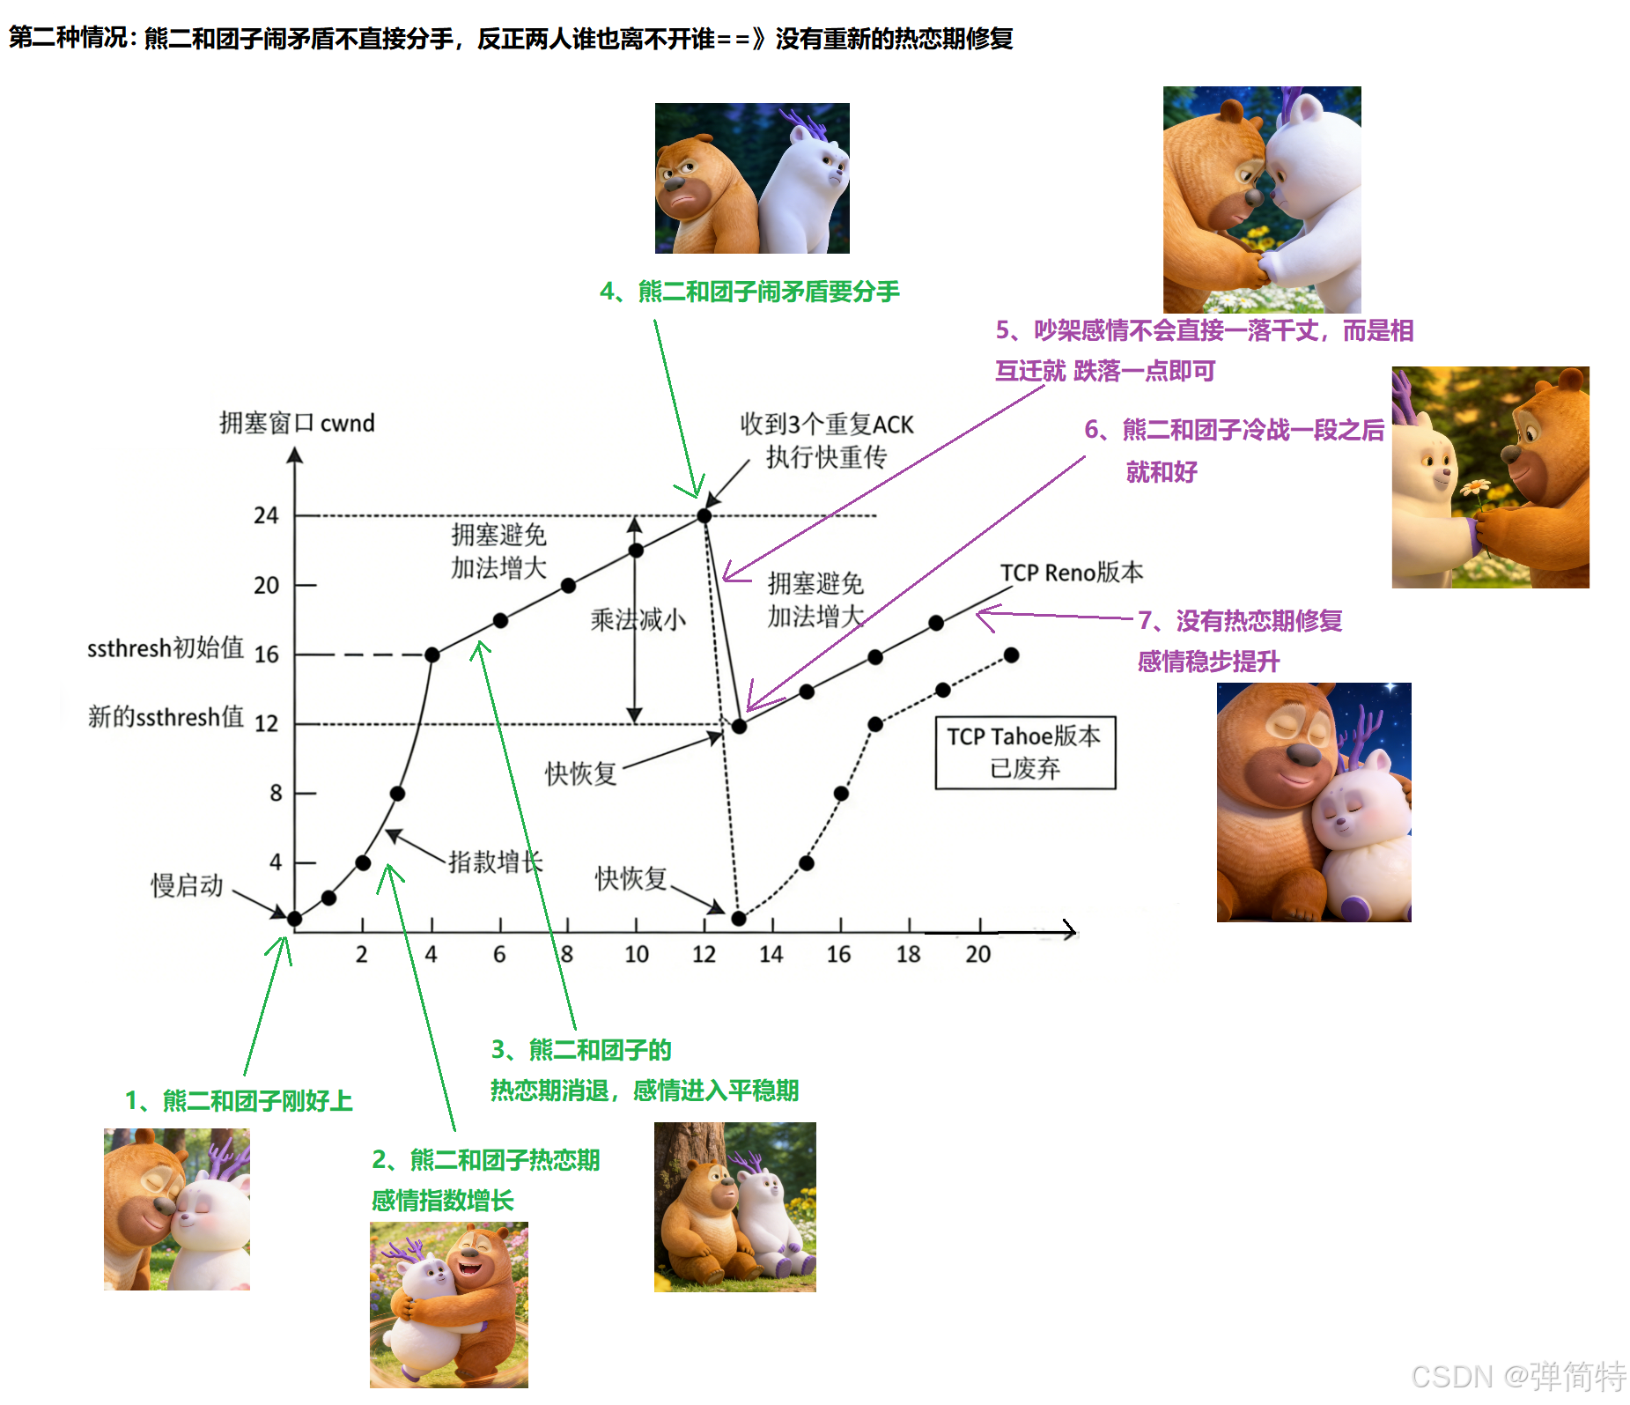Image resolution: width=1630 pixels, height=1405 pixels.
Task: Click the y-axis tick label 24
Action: (266, 515)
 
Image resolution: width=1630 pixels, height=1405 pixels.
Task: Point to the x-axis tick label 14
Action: (771, 954)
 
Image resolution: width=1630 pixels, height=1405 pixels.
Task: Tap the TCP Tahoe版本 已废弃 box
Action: (1025, 752)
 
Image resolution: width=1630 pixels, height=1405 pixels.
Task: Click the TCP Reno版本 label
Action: (1072, 573)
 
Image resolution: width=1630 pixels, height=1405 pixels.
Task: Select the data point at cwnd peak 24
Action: (704, 515)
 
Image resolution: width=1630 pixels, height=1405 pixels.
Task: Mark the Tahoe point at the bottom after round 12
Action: (739, 919)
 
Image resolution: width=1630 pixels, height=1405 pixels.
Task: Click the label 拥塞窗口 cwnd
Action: (297, 424)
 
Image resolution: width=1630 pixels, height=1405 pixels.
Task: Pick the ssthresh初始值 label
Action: (166, 648)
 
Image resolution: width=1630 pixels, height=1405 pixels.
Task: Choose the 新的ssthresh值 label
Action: (166, 717)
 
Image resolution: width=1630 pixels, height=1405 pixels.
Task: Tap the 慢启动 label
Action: (187, 885)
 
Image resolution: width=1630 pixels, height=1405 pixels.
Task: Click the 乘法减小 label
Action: (638, 620)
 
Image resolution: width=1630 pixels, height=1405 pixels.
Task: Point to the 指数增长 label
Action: (495, 861)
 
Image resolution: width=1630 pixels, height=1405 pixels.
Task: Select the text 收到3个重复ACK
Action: (827, 425)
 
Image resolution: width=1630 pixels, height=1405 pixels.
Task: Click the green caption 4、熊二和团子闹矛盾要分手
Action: (749, 292)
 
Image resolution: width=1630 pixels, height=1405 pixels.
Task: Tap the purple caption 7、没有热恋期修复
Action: (1240, 621)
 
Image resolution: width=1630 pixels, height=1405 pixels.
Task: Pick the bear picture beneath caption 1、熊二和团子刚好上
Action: (177, 1209)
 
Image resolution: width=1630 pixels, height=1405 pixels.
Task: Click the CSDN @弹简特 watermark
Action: (1518, 1376)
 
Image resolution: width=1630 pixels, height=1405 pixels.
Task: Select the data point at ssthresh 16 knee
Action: (431, 654)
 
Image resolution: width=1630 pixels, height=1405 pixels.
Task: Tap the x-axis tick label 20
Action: (977, 954)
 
